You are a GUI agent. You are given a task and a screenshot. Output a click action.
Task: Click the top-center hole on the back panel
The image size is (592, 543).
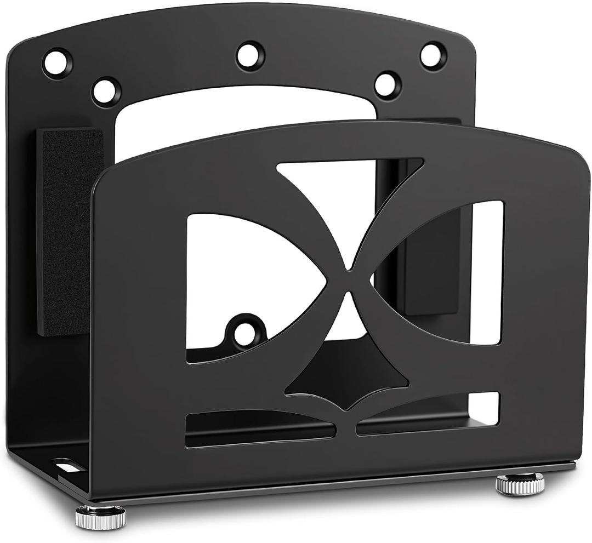(x=251, y=55)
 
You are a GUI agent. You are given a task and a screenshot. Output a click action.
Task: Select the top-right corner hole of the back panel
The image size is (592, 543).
(x=433, y=56)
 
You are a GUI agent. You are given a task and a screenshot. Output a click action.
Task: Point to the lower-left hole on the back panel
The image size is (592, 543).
(x=106, y=92)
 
